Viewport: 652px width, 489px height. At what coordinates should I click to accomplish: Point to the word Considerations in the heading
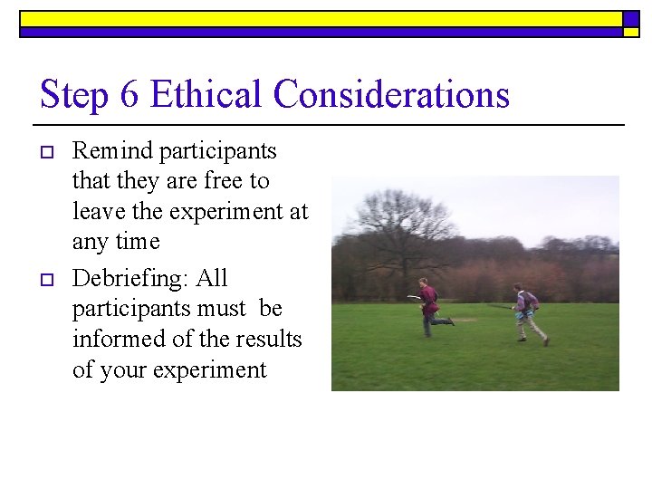coord(391,95)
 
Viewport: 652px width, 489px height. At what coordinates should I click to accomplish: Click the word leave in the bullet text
coord(98,212)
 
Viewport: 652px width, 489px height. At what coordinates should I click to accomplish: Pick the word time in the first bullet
coord(139,242)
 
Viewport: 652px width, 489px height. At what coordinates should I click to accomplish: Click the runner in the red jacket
coord(430,306)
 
